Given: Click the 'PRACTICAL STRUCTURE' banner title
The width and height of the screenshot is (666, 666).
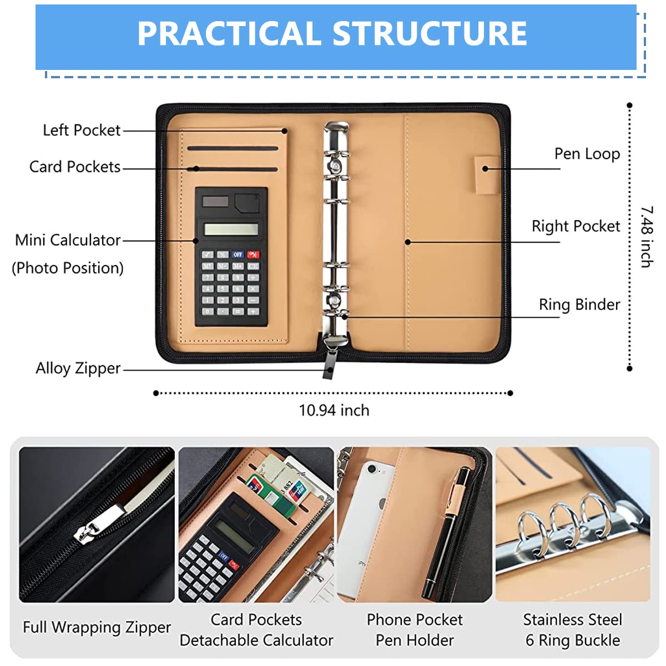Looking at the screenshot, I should click(332, 33).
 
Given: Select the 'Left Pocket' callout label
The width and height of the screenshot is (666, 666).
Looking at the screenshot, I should click(82, 130).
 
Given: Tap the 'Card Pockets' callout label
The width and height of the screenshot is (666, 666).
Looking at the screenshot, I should click(75, 167).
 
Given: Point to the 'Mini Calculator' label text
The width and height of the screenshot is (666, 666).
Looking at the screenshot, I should click(68, 240).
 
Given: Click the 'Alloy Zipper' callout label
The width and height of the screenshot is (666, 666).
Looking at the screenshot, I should click(78, 369).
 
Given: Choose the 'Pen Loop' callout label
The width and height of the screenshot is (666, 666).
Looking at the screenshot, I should click(587, 154).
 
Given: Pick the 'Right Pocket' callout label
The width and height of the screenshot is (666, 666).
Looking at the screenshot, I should click(576, 226).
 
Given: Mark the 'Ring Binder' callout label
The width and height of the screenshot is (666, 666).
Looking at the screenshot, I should click(579, 305).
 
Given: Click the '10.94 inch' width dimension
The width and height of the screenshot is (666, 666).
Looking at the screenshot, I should click(334, 411).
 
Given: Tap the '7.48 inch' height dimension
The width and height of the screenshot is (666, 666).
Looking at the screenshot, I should click(647, 237).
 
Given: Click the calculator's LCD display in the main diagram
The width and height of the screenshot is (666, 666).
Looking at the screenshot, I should click(231, 229).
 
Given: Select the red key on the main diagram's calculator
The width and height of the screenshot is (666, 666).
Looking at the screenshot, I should click(253, 255).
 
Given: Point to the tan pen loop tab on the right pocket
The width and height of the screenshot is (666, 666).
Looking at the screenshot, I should click(487, 174).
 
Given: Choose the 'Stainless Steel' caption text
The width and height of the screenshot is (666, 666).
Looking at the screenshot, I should click(573, 620).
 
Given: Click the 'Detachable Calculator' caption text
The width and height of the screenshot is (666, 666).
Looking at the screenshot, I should click(256, 640).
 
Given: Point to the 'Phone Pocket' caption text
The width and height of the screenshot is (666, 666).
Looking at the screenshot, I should click(415, 620).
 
